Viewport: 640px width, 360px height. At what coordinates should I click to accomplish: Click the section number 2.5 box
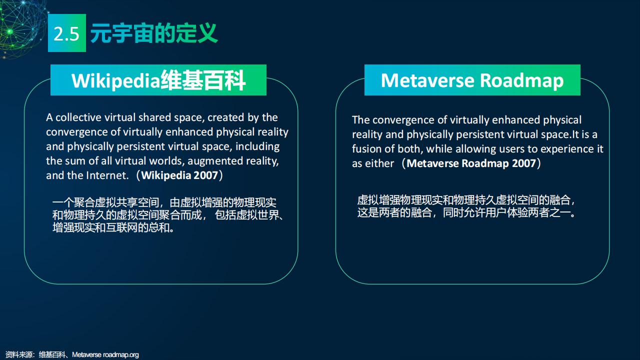click(67, 33)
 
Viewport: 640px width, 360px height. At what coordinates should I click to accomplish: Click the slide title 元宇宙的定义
click(154, 33)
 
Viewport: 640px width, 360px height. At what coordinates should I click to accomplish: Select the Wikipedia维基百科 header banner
click(158, 80)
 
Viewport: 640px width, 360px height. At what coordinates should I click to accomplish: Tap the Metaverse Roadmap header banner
click(472, 80)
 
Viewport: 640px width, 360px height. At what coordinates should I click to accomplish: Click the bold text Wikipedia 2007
click(179, 175)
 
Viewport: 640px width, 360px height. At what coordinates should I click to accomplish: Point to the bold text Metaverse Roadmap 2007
click(471, 163)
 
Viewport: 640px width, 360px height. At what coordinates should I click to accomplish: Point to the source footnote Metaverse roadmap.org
click(105, 354)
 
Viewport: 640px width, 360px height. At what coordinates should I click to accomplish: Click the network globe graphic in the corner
click(21, 27)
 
